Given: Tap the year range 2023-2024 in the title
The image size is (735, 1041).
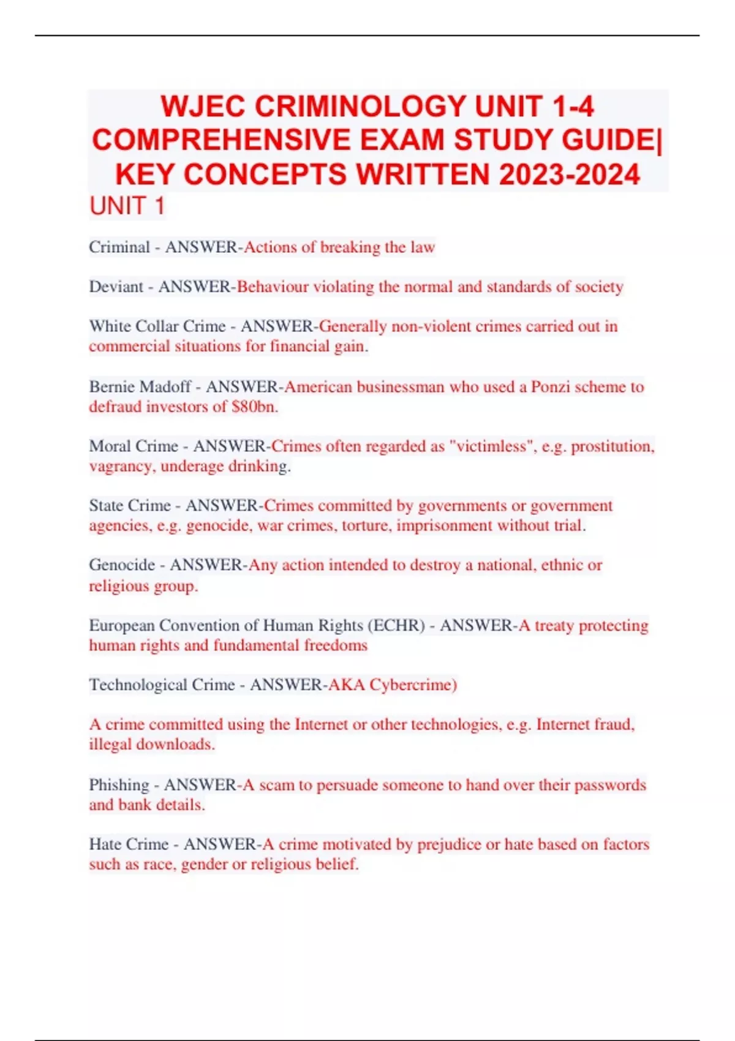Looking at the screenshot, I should click(569, 175).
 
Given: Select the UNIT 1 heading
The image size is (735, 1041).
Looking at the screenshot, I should click(127, 206).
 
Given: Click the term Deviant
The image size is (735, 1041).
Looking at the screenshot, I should click(116, 287).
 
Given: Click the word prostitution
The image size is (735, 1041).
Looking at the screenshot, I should click(612, 446).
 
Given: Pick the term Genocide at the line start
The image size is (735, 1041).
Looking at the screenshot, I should click(122, 565).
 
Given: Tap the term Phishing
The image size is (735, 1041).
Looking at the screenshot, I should click(119, 785).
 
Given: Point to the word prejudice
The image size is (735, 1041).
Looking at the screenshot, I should click(449, 844).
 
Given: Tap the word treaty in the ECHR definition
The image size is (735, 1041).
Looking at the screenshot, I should click(554, 625).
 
